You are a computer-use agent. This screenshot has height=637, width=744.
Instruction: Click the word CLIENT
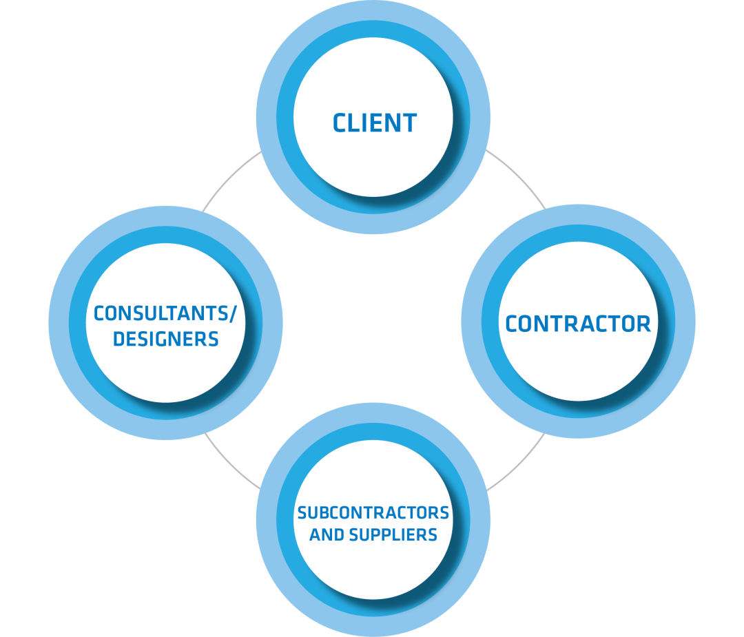[x=374, y=123]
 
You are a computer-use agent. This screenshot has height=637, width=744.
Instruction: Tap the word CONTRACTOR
[x=578, y=324]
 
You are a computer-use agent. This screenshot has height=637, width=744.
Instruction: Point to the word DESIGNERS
[x=165, y=339]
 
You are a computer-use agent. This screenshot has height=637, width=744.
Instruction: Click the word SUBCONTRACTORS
[x=373, y=513]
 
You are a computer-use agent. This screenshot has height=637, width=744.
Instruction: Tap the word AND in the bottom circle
[x=327, y=534]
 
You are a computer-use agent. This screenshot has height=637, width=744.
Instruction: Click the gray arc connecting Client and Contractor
[x=517, y=175]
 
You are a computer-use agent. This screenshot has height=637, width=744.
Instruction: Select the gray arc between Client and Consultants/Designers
[x=229, y=177]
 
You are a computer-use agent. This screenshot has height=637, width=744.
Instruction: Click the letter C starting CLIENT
[x=340, y=123]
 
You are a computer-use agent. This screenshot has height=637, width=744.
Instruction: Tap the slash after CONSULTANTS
[x=233, y=314]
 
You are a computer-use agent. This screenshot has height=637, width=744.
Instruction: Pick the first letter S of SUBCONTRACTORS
[x=302, y=513]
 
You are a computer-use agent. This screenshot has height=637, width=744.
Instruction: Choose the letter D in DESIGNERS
[x=118, y=339]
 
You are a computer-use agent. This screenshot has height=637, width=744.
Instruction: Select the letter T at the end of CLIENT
[x=409, y=123]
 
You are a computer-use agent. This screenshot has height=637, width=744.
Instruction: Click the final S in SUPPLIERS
[x=432, y=534]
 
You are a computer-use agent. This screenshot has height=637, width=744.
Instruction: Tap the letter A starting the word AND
[x=315, y=534]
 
